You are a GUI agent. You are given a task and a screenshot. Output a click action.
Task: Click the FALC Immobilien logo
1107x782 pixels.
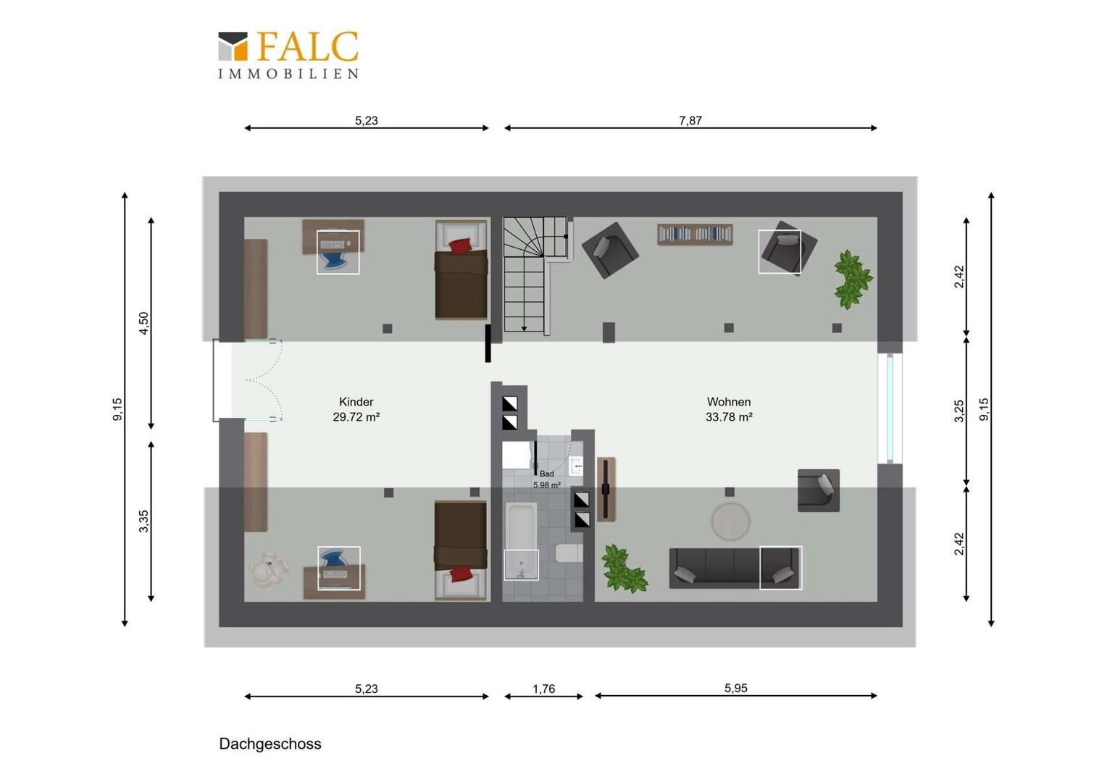click(288, 55)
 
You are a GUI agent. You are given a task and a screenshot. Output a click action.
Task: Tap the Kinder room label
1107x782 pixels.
click(356, 410)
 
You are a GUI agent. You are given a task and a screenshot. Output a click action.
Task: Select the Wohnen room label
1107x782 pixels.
click(729, 410)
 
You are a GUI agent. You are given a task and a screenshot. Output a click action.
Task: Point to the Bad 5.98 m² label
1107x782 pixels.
click(546, 479)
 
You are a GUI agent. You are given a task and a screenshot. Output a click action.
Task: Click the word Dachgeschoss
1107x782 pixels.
click(270, 744)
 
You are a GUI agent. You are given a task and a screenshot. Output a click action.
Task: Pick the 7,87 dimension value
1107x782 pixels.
click(690, 120)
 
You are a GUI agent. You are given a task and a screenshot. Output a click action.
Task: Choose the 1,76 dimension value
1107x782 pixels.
click(543, 689)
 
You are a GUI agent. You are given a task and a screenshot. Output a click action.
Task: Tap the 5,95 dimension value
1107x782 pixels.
click(736, 688)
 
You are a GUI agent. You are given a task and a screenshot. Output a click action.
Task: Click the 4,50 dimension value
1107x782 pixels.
click(143, 323)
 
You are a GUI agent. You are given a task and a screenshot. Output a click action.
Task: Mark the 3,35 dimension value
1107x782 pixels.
click(143, 521)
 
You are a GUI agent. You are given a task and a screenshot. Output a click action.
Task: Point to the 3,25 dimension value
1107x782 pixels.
click(958, 411)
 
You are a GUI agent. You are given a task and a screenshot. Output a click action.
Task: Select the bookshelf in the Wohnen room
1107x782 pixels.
click(695, 234)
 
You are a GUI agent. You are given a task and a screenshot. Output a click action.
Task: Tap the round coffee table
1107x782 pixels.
click(730, 521)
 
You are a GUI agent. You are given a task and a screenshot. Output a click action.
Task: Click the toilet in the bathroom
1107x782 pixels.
click(569, 552)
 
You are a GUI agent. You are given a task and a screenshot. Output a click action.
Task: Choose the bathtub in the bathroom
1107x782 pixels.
click(521, 541)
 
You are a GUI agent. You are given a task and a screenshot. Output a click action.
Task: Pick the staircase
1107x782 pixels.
click(535, 275)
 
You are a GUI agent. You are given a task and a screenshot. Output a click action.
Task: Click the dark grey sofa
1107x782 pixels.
click(735, 568)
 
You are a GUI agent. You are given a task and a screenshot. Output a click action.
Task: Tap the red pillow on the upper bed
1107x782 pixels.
click(461, 246)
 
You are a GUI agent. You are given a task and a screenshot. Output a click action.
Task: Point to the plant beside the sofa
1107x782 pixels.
click(624, 568)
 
